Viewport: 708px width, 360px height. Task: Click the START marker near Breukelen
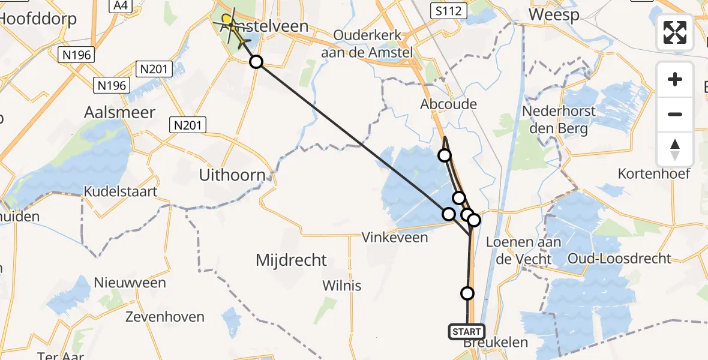coord(466,332)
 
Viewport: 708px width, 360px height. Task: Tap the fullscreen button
coord(675,32)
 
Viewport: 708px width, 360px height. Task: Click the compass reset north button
coord(675,149)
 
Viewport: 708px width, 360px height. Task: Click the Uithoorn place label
coord(232,176)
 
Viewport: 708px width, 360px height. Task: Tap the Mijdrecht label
coord(291,260)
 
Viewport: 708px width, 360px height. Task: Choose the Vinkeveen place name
coord(395,238)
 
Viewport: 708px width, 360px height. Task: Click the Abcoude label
coord(448,104)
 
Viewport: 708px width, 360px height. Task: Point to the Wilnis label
coord(342,285)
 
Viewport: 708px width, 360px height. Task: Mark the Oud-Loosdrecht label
coord(623,259)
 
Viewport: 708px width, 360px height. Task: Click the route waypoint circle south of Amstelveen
coord(256,62)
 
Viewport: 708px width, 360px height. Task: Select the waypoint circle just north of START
coord(467,293)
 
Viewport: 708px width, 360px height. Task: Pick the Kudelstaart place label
coord(121,192)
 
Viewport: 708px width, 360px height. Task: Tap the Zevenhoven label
coord(164,317)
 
